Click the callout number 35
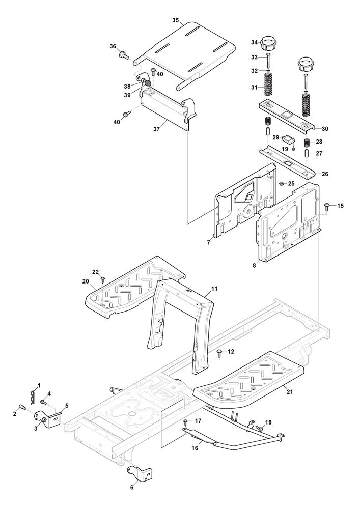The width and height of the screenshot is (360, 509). (175, 20)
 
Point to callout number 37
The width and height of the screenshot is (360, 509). (157, 129)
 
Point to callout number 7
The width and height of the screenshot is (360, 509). (209, 242)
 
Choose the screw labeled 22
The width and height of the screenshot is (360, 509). (103, 278)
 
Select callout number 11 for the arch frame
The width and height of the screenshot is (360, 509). (214, 289)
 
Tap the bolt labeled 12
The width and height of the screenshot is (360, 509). (219, 352)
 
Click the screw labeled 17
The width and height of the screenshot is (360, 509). (186, 422)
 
